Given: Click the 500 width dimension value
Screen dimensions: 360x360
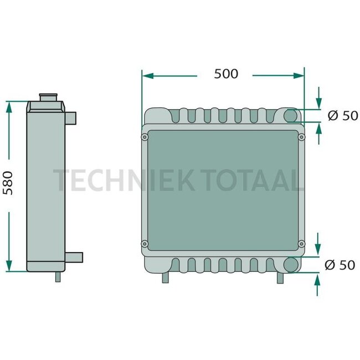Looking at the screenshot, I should (226, 74).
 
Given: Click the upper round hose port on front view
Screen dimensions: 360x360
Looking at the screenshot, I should (291, 116).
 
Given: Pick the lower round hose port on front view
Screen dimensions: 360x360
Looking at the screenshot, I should (291, 265).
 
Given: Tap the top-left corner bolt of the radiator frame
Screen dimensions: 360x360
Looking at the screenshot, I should (145, 136).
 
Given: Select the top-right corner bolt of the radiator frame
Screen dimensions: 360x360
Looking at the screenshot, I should (301, 136).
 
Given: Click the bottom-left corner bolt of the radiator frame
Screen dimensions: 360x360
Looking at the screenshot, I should (145, 243).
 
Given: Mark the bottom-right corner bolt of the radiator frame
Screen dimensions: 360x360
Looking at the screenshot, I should (301, 243).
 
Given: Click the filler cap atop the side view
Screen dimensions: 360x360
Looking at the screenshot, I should (49, 99).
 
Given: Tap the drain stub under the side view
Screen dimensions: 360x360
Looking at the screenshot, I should (58, 276).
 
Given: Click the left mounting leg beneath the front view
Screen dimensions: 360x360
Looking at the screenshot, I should (164, 277).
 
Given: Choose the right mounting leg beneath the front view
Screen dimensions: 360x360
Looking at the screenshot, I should (280, 277).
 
